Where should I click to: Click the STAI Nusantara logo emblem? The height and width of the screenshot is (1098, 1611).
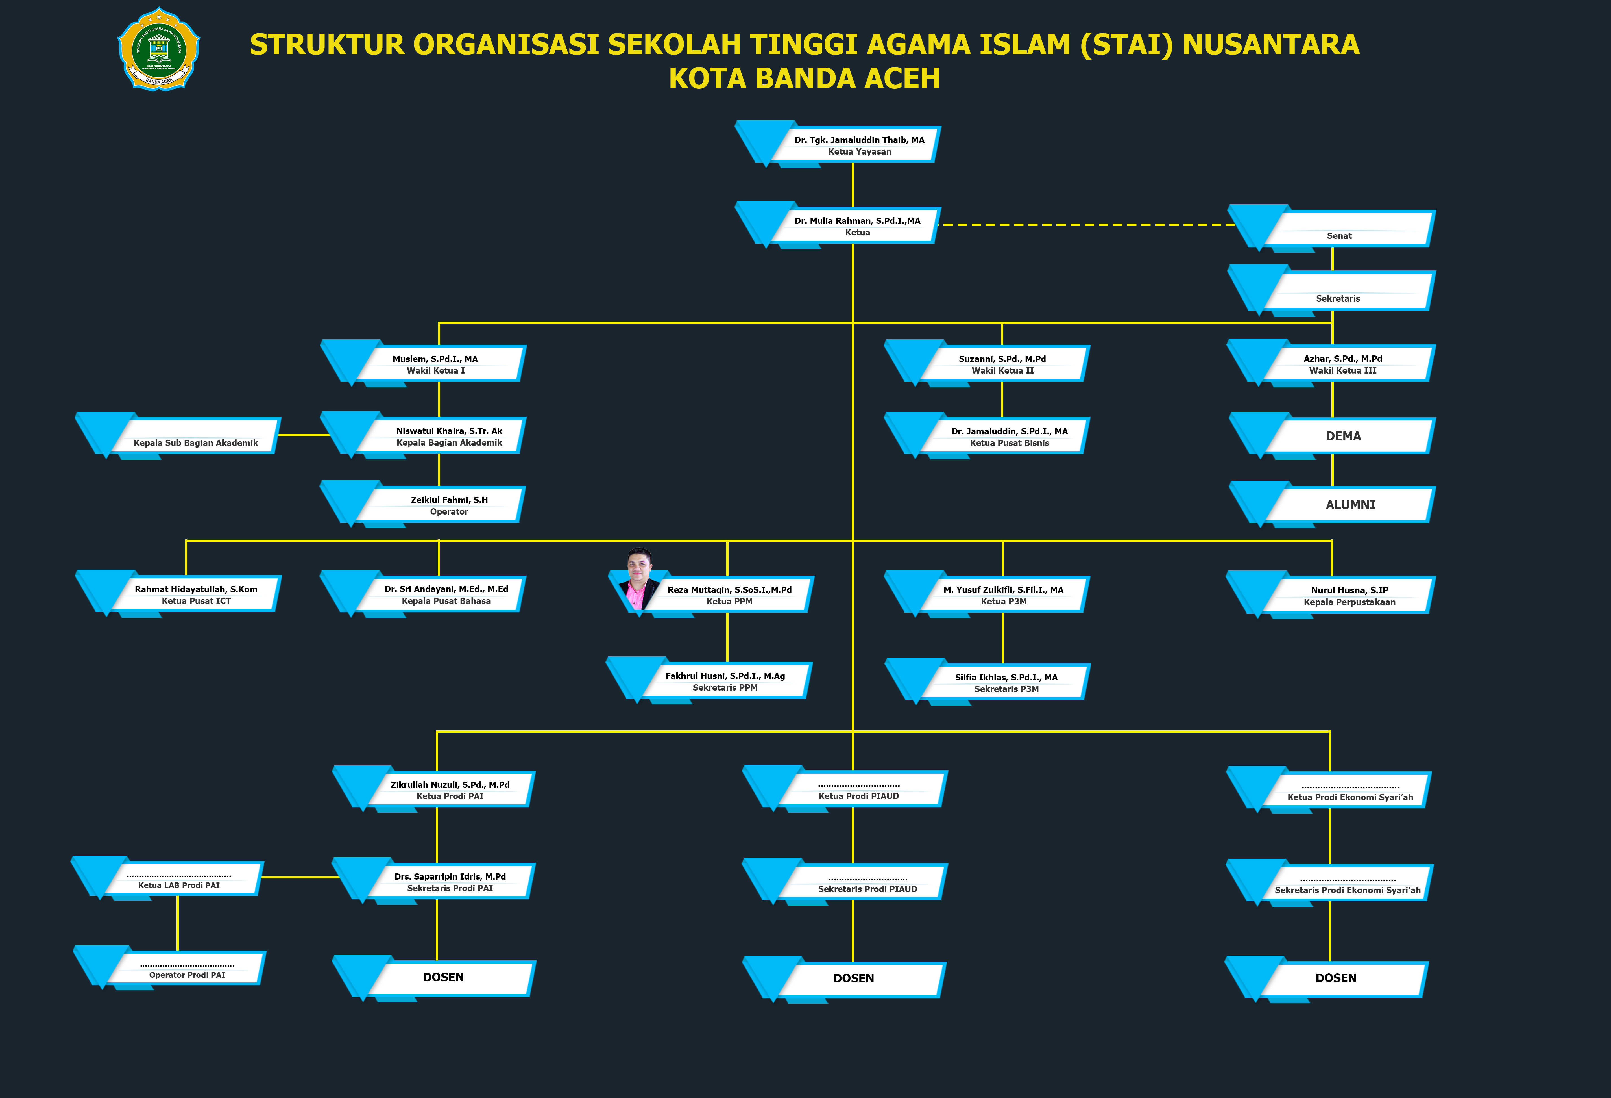pos(159,49)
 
